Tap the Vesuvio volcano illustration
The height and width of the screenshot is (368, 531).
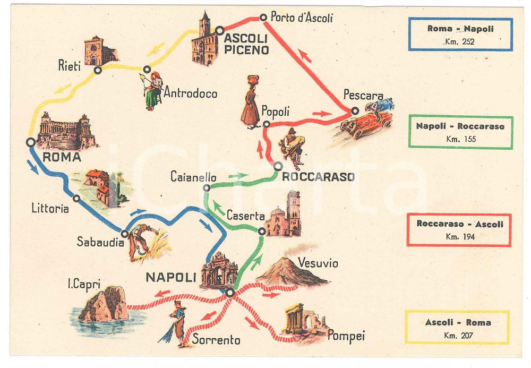click(x=291, y=272)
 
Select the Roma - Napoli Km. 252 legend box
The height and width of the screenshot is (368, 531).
click(x=460, y=34)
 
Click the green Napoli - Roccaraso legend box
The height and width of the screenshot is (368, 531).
click(x=460, y=132)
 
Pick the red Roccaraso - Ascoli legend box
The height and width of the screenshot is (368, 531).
click(x=460, y=229)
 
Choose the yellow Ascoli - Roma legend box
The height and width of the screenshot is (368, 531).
click(x=458, y=327)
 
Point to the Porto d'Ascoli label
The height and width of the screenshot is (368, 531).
click(x=302, y=18)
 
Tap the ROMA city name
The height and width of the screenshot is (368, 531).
click(x=61, y=157)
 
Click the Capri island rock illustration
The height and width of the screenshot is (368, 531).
click(x=105, y=304)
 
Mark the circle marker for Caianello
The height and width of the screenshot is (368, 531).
click(x=207, y=187)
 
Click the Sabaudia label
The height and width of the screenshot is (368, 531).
click(x=99, y=242)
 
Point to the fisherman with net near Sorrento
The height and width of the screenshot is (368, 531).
click(x=177, y=323)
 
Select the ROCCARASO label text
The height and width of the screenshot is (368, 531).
click(x=318, y=177)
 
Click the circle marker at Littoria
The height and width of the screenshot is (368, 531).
click(x=76, y=199)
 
